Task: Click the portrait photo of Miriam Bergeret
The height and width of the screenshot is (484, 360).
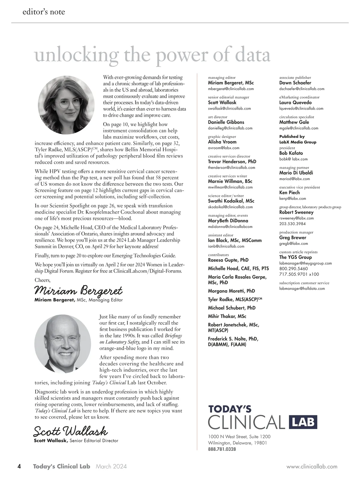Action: pos(66,105)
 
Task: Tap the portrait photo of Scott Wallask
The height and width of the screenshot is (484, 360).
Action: pos(63,342)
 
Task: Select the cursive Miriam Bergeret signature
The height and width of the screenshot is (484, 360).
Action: pos(79,290)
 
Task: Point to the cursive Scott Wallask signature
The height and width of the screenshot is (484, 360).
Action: pos(70,431)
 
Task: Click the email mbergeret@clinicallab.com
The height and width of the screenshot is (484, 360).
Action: pos(231,89)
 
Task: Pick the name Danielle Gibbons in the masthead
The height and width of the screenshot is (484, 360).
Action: pos(226,122)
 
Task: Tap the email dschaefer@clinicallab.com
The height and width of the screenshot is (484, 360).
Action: pos(301,89)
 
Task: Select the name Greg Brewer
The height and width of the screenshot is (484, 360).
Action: pos(292,238)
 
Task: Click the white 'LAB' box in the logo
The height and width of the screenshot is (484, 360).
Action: pos(303,422)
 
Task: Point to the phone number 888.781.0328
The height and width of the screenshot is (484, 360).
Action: pos(222,449)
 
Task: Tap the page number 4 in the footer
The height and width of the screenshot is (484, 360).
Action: pos(19,466)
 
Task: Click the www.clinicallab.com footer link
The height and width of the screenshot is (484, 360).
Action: pos(312,467)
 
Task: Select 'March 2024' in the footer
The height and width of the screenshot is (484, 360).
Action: pos(111,467)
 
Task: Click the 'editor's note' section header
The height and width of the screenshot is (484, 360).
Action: pos(43,12)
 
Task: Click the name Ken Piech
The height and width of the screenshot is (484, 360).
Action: pos(289,193)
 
